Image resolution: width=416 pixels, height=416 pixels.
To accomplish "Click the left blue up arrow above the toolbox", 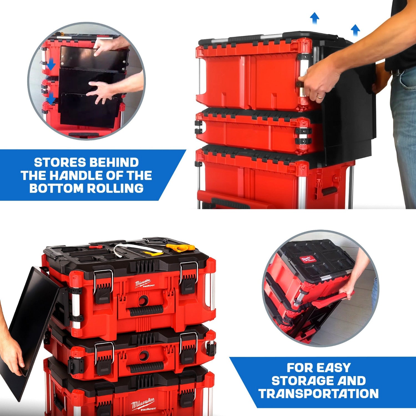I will (314, 18).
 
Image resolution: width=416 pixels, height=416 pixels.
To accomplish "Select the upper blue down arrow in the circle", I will (51, 65).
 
